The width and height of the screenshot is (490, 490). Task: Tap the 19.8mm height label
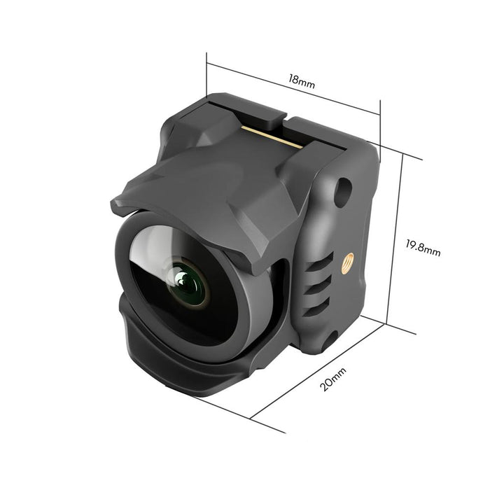pos(423,247)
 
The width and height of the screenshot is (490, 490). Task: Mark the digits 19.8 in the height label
pos(418,246)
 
